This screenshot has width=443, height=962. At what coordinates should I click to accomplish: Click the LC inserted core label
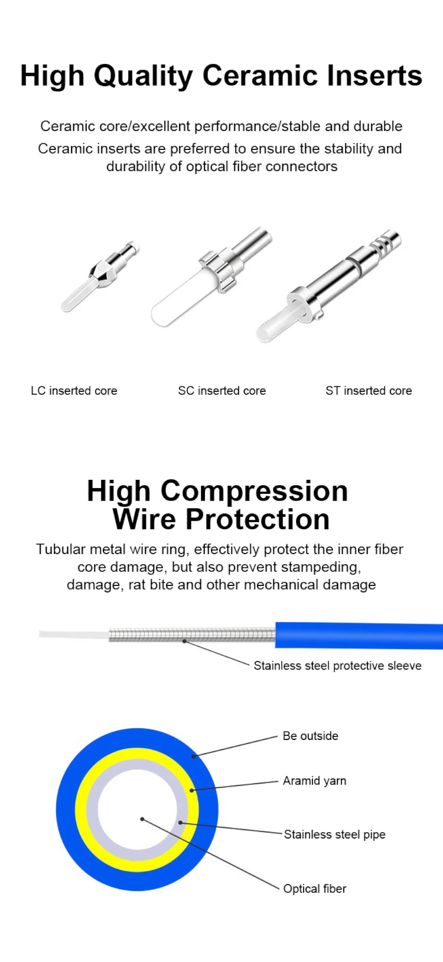coord(74,391)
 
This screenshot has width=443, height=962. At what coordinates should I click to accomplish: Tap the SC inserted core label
coord(222,391)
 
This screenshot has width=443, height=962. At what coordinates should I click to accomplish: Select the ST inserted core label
coord(369,391)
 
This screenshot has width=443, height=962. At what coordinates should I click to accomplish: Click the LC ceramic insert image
coord(100,276)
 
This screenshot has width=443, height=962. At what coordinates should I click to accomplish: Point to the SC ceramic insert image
coord(212,277)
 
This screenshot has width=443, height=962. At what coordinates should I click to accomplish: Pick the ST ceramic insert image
coord(329,285)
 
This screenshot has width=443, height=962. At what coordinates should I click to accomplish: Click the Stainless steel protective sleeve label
coord(337,666)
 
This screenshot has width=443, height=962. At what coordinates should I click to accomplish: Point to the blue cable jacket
coord(359,636)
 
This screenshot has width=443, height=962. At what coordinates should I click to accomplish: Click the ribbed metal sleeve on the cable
coord(192,635)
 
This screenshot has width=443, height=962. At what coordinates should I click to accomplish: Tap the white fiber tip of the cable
coord(74,635)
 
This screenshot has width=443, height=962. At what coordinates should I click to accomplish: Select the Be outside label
coord(311,736)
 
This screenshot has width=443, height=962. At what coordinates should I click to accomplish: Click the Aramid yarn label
coord(315,781)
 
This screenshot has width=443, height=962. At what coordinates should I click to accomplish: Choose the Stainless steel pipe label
coord(335,834)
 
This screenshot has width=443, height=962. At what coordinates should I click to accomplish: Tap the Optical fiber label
coord(315,889)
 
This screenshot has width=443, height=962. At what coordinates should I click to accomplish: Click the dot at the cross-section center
coord(142,819)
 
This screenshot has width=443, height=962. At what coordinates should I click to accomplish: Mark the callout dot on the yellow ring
coord(192,791)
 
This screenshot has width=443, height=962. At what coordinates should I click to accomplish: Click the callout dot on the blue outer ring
coord(194,756)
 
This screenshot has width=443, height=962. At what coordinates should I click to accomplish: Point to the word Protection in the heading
coord(257,519)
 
